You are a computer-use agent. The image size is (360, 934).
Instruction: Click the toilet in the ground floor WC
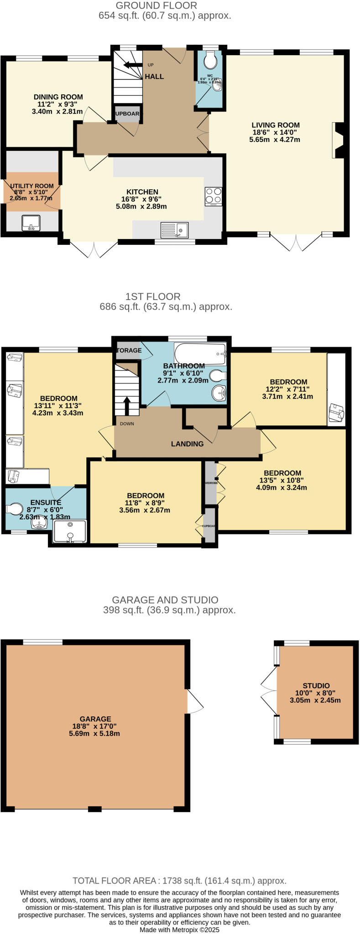pos(211,59)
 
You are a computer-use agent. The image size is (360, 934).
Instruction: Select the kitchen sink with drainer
pos(175,229)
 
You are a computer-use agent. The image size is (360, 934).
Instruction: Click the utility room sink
pos(31,223)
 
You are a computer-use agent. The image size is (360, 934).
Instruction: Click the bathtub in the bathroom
pos(200,354)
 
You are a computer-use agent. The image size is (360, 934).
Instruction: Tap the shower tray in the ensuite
pos(70,532)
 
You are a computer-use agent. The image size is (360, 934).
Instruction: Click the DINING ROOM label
pos(58,97)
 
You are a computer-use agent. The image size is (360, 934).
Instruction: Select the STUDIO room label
pos(316,685)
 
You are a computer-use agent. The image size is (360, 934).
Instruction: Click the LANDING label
pos(187,444)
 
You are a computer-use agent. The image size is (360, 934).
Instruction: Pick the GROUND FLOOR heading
pos(156,5)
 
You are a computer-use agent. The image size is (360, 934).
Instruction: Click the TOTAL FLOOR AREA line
pos(179,881)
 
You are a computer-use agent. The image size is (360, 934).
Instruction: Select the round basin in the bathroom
pos(219,392)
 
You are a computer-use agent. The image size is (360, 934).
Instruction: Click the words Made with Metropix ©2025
pos(179,929)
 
